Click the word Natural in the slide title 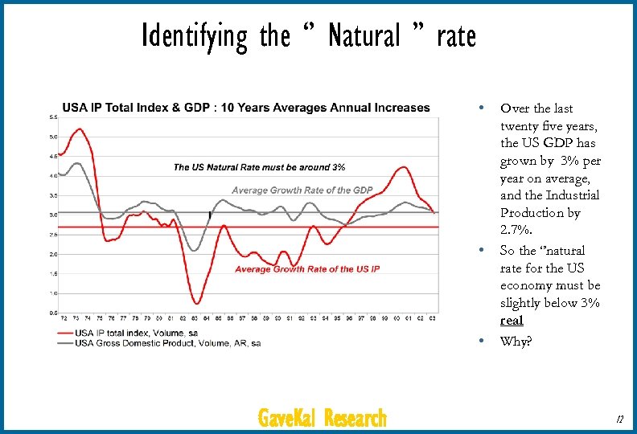(x=364, y=36)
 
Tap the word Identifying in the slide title (x=195, y=36)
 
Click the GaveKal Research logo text (x=322, y=418)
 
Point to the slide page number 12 (x=619, y=419)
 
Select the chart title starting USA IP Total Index (x=246, y=108)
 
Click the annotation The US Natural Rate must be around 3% (x=259, y=167)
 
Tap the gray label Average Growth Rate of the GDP (x=302, y=190)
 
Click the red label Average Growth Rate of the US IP (x=306, y=269)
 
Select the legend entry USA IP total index (x=137, y=332)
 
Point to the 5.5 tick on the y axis (x=52, y=117)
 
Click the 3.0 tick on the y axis (x=52, y=215)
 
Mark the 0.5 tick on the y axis (x=52, y=313)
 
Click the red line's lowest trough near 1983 (x=196, y=303)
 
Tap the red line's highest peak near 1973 (x=79, y=129)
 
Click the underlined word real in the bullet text (x=511, y=321)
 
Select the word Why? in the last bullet (x=516, y=341)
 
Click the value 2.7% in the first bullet (x=515, y=230)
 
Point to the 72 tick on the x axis (x=64, y=319)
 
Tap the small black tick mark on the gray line (x=210, y=215)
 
